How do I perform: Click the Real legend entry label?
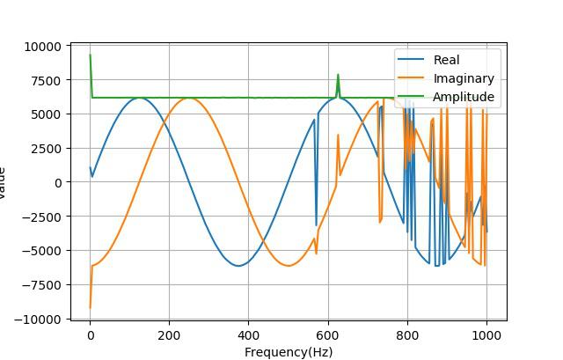click(x=446, y=60)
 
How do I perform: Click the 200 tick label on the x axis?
click(x=169, y=335)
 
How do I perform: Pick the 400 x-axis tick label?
click(x=248, y=335)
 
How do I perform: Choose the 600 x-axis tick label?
click(x=327, y=335)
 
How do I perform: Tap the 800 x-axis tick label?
click(x=406, y=335)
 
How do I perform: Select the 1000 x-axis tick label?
click(x=486, y=335)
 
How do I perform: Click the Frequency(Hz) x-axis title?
click(x=288, y=352)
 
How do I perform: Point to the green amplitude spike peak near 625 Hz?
click(x=338, y=75)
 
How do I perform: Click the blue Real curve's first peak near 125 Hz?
click(x=139, y=98)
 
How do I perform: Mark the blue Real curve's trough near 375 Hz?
click(x=238, y=266)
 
